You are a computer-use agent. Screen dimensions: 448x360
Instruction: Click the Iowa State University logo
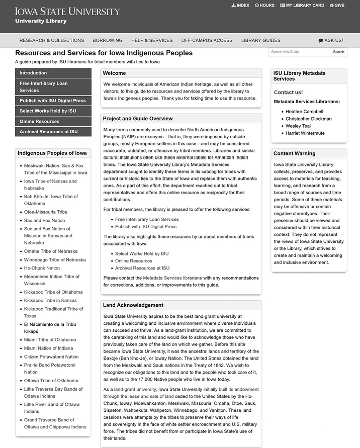67,12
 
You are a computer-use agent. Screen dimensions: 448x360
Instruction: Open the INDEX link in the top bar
240,6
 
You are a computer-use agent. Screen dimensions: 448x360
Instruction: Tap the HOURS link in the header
265,6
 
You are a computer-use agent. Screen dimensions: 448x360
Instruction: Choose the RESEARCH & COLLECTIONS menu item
51,40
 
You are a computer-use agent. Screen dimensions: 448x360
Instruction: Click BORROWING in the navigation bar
108,40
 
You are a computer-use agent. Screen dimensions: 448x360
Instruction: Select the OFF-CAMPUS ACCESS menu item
207,40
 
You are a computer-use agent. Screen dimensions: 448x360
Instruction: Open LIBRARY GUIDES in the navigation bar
260,40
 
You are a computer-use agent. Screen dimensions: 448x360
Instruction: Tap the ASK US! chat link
331,40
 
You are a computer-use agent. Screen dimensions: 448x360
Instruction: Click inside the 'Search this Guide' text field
299,52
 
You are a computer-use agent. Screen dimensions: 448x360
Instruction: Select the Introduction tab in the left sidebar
33,73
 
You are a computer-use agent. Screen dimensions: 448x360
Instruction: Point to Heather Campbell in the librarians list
304,112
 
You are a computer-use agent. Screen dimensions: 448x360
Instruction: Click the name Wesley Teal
298,126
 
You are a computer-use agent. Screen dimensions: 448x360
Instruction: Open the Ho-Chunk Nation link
42,268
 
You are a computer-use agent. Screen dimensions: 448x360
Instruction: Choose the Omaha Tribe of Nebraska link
51,251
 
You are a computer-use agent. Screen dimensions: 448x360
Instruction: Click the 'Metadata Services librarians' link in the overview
172,278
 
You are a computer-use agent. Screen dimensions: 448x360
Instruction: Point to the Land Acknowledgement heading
133,305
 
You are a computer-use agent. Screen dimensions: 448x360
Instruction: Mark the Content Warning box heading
295,153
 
